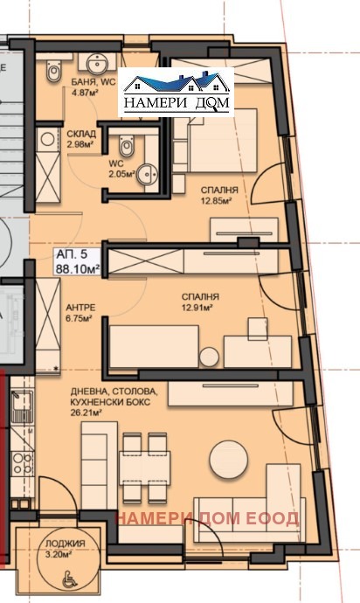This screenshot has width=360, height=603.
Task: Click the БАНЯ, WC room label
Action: [x=87, y=80]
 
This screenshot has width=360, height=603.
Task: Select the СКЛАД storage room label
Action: [x=81, y=134]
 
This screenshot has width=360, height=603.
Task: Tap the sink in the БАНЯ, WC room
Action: [x=93, y=61]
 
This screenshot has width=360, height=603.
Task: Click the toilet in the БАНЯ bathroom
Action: [x=54, y=70]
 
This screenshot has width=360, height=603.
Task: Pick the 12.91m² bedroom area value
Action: [x=200, y=307]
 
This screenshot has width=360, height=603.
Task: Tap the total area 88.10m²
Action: [x=78, y=269]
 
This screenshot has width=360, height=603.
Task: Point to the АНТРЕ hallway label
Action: [x=79, y=308]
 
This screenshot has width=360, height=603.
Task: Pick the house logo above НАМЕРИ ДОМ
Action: [x=177, y=83]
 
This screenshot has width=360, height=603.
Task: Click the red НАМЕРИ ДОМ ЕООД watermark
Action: [x=207, y=518]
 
